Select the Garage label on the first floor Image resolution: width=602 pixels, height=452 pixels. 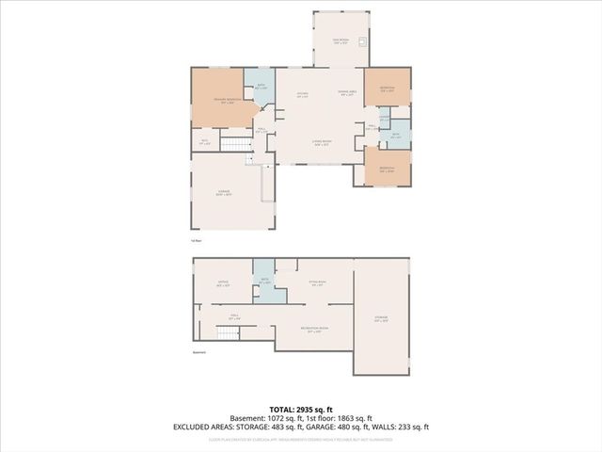coord(224,192)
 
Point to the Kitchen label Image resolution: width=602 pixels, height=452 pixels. coord(303,95)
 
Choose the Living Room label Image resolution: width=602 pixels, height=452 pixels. coord(321,143)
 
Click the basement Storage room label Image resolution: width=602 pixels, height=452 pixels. coord(381,321)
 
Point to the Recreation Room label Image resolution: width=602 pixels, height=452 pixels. coord(311,330)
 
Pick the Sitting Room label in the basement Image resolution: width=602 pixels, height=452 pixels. coord(318,282)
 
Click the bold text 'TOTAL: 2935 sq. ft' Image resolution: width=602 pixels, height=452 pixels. coord(300,408)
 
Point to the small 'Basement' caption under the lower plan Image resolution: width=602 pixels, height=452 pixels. coord(198,353)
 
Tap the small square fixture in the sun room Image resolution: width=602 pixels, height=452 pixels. coord(362,41)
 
